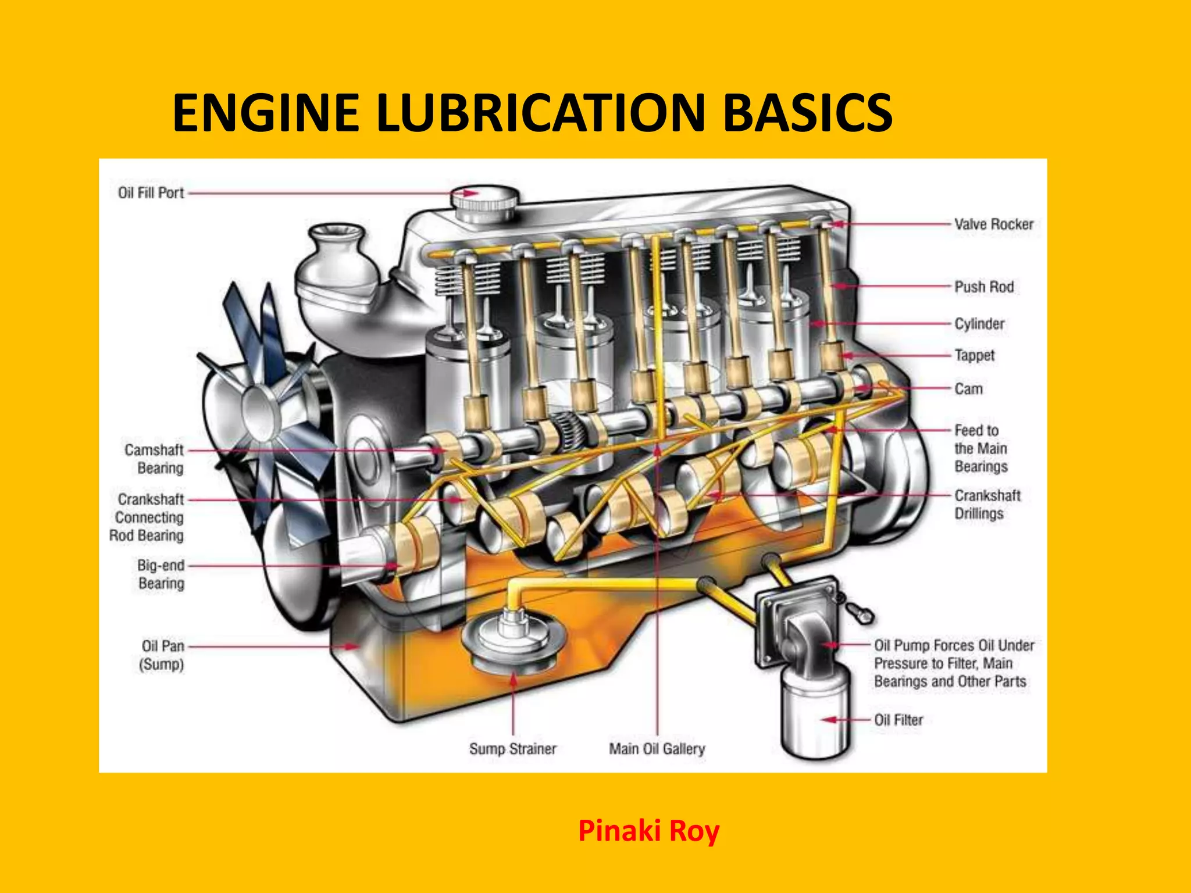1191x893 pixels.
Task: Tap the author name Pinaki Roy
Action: tap(648, 831)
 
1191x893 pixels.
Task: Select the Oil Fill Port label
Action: tap(151, 193)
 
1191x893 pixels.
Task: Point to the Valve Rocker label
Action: tap(993, 224)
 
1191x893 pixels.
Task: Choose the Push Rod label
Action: tap(983, 287)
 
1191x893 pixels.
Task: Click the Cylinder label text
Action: tap(979, 324)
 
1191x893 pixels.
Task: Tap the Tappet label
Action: tap(974, 355)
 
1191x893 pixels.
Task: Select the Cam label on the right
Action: tap(968, 389)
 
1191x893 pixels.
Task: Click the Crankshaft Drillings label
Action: tap(987, 505)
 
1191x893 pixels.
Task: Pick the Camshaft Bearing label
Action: tap(154, 459)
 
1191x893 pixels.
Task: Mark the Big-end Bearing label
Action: tap(161, 574)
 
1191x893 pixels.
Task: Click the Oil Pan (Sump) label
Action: tap(162, 655)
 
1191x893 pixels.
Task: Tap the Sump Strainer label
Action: tap(512, 749)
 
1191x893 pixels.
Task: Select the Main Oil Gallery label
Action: tap(657, 749)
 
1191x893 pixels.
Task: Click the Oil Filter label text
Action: tap(898, 720)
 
